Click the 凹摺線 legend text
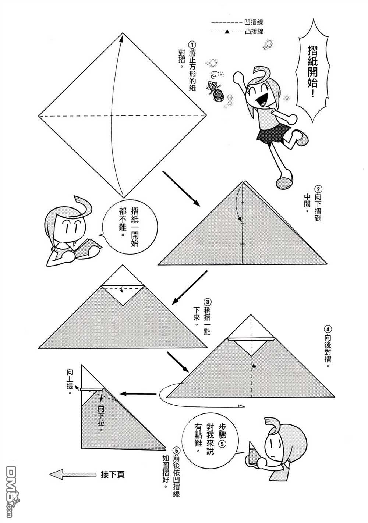tap(254, 22)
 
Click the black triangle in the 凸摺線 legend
tap(226, 32)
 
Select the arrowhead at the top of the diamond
tap(121, 37)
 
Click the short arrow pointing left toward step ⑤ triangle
tap(138, 394)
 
